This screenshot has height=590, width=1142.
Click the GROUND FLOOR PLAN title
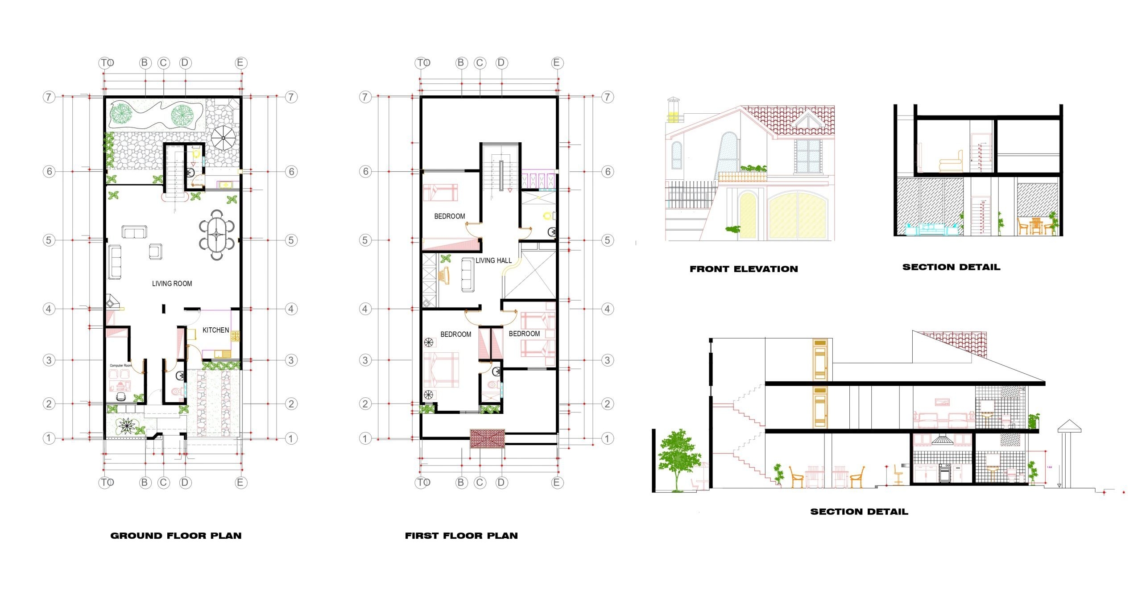(176, 536)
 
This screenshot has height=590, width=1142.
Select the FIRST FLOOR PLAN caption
(461, 536)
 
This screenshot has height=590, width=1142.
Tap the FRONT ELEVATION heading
(744, 269)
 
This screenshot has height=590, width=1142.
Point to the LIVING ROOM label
(172, 284)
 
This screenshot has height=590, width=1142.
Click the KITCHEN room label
(215, 330)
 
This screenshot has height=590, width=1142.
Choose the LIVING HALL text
(493, 260)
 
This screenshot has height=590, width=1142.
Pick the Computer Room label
(120, 366)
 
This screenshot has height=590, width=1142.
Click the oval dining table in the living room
(217, 235)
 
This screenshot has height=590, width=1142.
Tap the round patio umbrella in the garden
(223, 138)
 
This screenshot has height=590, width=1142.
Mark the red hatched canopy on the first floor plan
(488, 439)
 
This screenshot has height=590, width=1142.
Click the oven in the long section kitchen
(944, 473)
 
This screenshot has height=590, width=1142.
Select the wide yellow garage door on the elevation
(797, 216)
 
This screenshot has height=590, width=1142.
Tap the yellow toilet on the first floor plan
(547, 216)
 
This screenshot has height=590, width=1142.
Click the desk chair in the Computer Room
(121, 396)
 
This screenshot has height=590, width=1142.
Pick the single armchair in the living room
(155, 251)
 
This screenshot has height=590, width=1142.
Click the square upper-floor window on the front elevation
(808, 157)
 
